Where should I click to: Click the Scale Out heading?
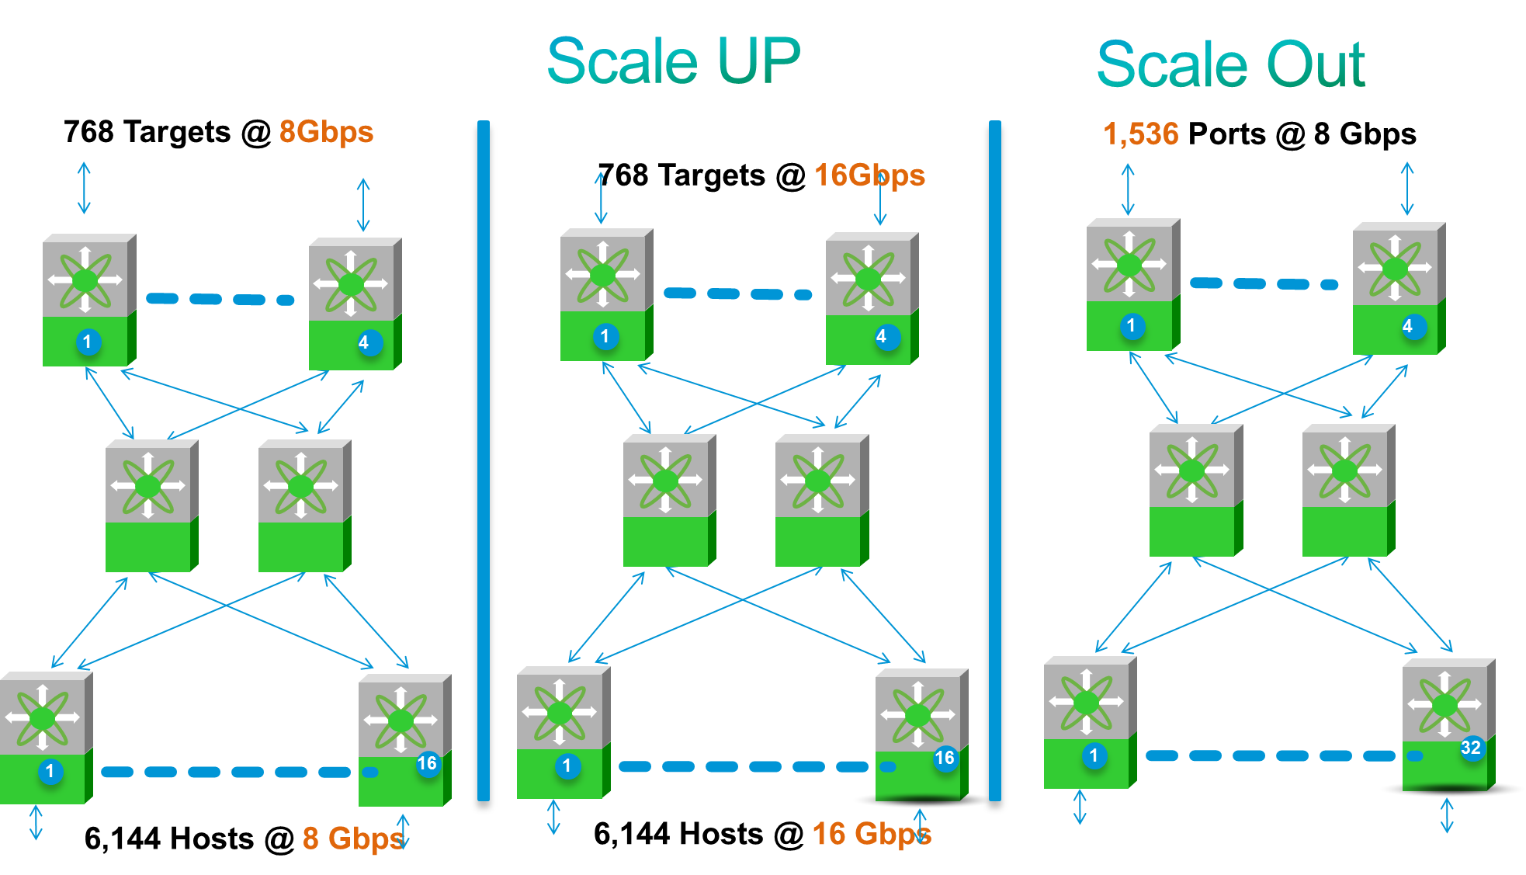[1230, 65]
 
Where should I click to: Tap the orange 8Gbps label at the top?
[326, 131]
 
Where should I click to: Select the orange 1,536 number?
[1140, 134]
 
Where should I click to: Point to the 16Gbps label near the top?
[869, 175]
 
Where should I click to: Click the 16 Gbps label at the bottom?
[871, 834]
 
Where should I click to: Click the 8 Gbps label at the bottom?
[352, 838]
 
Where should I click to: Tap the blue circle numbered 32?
[1470, 748]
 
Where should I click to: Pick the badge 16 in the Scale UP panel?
[944, 758]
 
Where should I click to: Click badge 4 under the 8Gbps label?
[364, 342]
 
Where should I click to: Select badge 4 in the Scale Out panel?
[1408, 326]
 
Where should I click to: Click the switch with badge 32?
[1447, 724]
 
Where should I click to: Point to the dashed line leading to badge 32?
[1273, 755]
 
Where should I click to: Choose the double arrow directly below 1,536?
[1128, 189]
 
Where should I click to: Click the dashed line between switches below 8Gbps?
[220, 299]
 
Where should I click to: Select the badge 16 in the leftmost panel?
[427, 763]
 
